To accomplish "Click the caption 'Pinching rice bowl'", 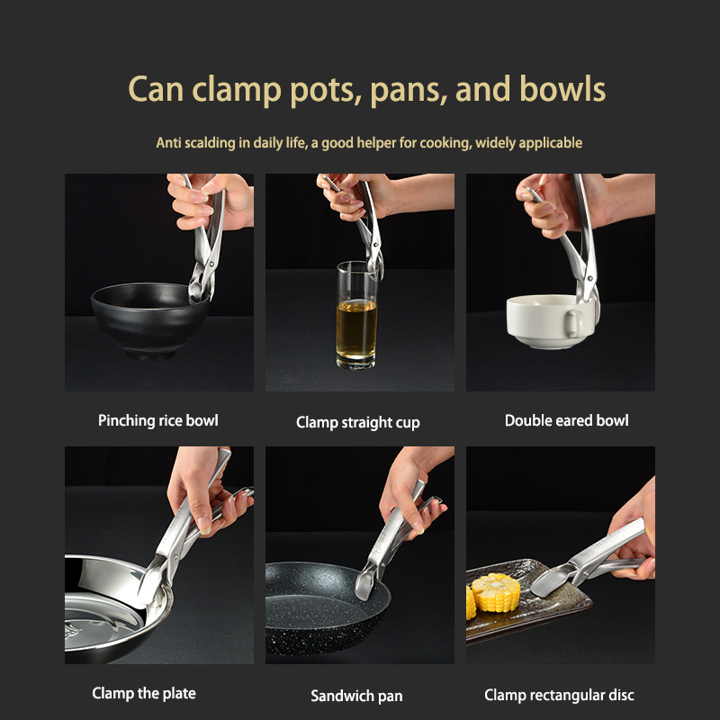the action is [158, 420].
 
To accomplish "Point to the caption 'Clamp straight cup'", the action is [357, 422].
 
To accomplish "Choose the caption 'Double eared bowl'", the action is [567, 420].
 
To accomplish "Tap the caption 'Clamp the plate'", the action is [144, 693].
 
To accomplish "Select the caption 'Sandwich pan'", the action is [356, 696].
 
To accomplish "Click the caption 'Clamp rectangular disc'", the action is [559, 695].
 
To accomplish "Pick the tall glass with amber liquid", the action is [356, 315].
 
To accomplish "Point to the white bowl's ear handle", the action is [572, 323].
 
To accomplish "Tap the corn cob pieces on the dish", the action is [492, 594].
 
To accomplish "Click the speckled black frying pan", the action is [327, 607].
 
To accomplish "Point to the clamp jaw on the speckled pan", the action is [366, 582].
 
